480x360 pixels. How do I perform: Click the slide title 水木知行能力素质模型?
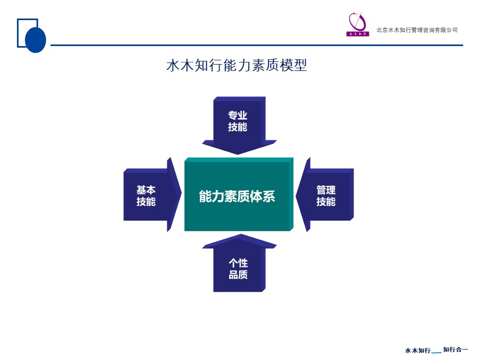point(237,65)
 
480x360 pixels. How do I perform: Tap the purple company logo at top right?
point(358,24)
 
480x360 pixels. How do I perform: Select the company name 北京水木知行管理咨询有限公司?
point(417,30)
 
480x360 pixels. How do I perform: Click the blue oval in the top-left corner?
point(35,40)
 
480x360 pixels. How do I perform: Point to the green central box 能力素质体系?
point(239,194)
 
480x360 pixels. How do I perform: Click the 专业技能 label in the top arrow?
point(238,121)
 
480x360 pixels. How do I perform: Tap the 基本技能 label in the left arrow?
point(146,195)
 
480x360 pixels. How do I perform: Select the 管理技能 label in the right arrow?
point(326,195)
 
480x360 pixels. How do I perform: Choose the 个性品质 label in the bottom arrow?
point(238,268)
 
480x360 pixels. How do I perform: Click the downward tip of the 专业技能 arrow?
point(238,154)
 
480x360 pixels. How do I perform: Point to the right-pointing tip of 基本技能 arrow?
point(182,193)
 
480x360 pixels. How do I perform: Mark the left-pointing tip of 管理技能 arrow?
point(296,196)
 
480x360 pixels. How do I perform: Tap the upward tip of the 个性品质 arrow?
point(241,234)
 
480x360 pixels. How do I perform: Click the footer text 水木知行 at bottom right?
point(418,350)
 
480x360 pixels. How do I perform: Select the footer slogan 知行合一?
point(456,349)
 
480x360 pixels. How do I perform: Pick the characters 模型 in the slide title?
point(293,65)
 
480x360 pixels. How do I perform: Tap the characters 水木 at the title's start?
point(180,65)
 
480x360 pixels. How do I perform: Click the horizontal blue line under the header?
point(257,46)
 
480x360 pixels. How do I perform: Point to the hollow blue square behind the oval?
point(18,33)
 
